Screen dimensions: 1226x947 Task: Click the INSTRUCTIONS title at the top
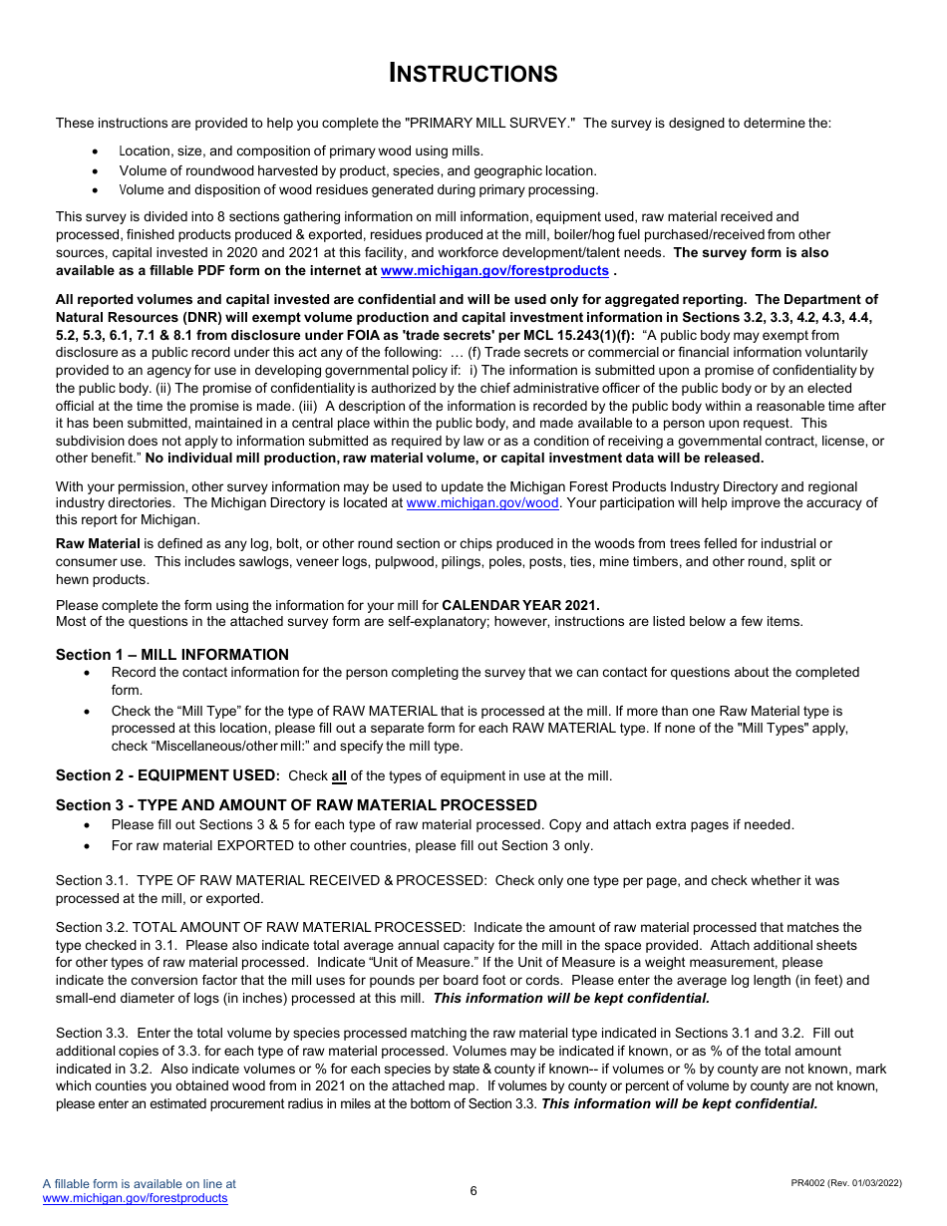click(x=473, y=74)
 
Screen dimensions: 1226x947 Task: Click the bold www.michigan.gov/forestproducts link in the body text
click(x=494, y=271)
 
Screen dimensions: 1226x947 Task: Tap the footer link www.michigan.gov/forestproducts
click(x=135, y=1198)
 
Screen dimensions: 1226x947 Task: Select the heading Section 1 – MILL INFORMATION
click(x=172, y=655)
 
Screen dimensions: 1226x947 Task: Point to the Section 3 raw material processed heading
click(x=296, y=805)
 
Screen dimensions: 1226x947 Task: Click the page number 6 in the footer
click(x=473, y=1191)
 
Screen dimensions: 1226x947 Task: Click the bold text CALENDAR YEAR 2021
click(x=520, y=605)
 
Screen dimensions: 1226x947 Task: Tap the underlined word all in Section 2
click(x=339, y=776)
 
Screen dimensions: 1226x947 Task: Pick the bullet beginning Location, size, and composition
click(x=300, y=152)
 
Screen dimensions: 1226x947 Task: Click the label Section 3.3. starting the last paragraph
click(x=93, y=1034)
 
